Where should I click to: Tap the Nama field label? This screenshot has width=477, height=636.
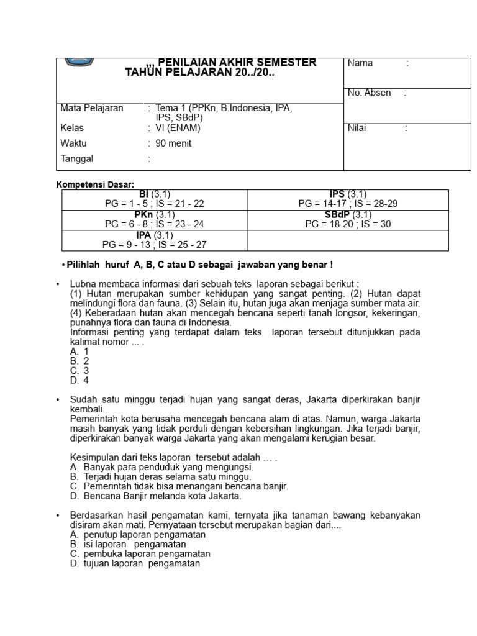click(x=360, y=63)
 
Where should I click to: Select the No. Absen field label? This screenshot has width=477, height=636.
click(x=370, y=93)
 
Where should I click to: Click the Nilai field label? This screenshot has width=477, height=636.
click(x=357, y=128)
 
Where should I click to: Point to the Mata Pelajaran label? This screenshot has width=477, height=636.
click(x=91, y=108)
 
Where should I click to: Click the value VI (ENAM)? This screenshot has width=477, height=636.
click(x=178, y=128)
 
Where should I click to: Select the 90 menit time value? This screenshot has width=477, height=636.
click(x=173, y=143)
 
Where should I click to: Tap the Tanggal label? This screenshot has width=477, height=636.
click(x=76, y=158)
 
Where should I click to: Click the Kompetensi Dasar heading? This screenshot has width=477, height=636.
click(x=95, y=184)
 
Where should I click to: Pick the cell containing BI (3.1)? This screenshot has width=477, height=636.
click(x=154, y=199)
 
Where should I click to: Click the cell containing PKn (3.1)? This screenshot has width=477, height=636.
click(x=154, y=219)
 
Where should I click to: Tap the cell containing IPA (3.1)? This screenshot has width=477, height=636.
click(x=154, y=240)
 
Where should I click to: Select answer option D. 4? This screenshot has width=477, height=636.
click(x=80, y=381)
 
